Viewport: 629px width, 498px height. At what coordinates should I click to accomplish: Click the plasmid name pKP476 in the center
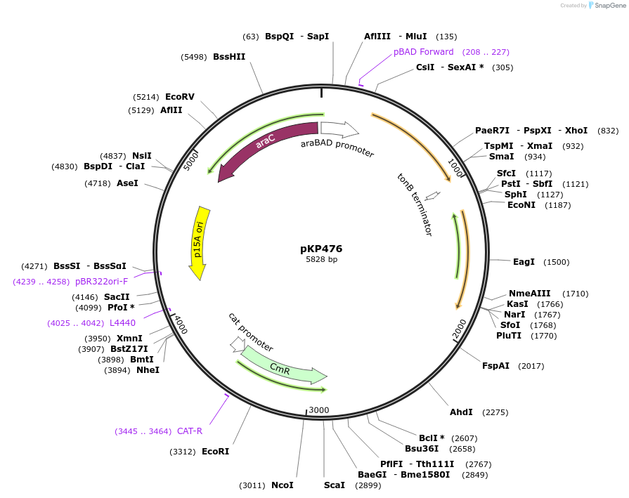[x=321, y=249]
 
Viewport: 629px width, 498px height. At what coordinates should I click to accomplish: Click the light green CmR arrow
[x=281, y=367]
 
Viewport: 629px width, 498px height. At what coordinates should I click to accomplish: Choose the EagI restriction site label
[x=524, y=261]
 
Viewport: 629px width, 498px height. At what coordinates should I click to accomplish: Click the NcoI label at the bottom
[x=282, y=485]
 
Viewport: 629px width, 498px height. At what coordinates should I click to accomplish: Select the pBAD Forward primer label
[x=424, y=52]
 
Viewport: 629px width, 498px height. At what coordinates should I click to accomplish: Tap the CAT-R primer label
[x=190, y=431]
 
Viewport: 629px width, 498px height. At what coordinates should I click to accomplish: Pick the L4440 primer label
[x=122, y=322]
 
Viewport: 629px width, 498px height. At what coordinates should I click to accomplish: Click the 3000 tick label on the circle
[x=319, y=409]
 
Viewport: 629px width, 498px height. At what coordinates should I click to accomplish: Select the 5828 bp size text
[x=321, y=260]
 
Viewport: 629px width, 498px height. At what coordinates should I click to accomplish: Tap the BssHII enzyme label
[x=229, y=57]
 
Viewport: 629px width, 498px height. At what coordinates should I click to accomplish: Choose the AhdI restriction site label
[x=461, y=412]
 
